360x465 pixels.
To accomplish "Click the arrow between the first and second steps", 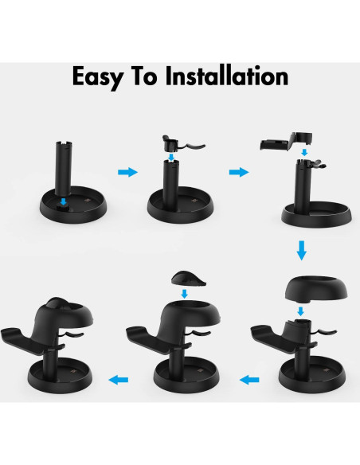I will click(125, 172).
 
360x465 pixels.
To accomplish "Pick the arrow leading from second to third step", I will click(237, 172).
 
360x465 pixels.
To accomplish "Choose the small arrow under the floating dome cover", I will click(300, 310).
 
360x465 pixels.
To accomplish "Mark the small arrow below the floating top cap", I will click(185, 295).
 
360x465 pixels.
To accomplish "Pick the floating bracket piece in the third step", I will click(284, 143).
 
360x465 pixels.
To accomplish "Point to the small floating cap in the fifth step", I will click(185, 278).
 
